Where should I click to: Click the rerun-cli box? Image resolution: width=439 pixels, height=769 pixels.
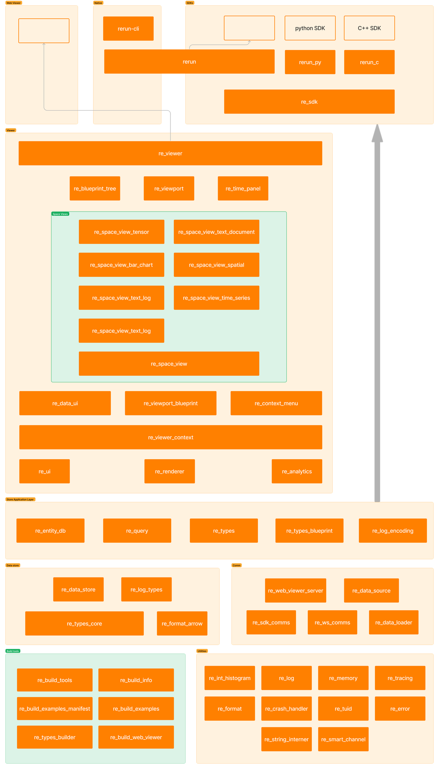pyautogui.click(x=128, y=29)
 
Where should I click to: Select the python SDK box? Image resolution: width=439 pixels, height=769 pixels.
pyautogui.click(x=310, y=28)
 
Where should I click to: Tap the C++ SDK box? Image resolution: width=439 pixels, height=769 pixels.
pyautogui.click(x=369, y=28)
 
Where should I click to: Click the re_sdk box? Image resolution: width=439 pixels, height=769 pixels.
pyautogui.click(x=309, y=102)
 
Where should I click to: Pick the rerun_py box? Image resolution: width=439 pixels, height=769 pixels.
pyautogui.click(x=310, y=62)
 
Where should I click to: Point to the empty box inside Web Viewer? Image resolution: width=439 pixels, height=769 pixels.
pyautogui.click(x=44, y=31)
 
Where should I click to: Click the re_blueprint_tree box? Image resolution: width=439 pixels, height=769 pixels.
pyautogui.click(x=95, y=189)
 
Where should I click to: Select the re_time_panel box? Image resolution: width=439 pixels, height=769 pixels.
pyautogui.click(x=243, y=189)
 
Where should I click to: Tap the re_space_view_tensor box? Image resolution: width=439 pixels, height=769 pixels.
pyautogui.click(x=121, y=232)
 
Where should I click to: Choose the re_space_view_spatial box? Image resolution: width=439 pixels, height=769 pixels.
pyautogui.click(x=216, y=265)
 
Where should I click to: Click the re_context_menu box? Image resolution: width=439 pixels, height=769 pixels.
pyautogui.click(x=276, y=403)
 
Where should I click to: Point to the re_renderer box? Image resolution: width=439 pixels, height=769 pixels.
pyautogui.click(x=169, y=471)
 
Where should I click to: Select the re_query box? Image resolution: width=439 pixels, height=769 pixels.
pyautogui.click(x=137, y=531)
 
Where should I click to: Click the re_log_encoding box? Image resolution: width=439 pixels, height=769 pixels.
pyautogui.click(x=393, y=531)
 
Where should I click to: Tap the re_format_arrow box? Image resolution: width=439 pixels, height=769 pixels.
pyautogui.click(x=182, y=624)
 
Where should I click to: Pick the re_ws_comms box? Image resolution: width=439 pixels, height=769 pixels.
pyautogui.click(x=332, y=623)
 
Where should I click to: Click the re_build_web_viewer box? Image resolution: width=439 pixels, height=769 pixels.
pyautogui.click(x=136, y=737)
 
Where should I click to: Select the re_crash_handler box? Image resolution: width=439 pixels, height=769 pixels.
pyautogui.click(x=286, y=709)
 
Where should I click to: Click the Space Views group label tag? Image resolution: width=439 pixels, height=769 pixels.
pyautogui.click(x=60, y=214)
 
